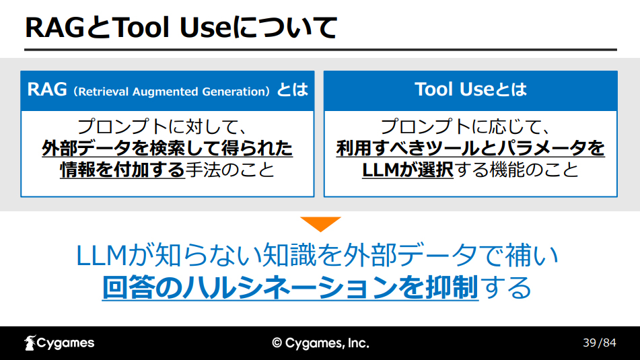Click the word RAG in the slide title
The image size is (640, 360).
coord(55,28)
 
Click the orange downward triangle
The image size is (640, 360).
coord(320,224)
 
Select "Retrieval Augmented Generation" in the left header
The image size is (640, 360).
coord(172,92)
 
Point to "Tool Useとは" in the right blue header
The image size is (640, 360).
coord(470,89)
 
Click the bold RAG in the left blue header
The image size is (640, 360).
coord(47,89)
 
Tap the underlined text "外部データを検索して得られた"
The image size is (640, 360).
coord(168,148)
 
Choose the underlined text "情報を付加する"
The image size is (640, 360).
coord(122,170)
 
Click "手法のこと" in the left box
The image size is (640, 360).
coord(230,170)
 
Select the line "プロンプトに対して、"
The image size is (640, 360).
coord(162,127)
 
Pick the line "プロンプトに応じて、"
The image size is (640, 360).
coord(465,127)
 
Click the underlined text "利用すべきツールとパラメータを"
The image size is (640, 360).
coord(470,148)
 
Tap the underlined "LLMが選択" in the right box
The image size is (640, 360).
coord(407,170)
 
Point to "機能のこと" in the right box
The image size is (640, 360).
coord(534,170)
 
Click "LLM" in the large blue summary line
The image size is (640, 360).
coord(102,255)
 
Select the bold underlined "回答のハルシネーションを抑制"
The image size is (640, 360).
coord(290,287)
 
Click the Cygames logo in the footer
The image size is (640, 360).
coord(59,343)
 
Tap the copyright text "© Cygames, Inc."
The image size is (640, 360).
coord(320,343)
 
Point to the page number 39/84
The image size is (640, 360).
coord(600,343)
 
